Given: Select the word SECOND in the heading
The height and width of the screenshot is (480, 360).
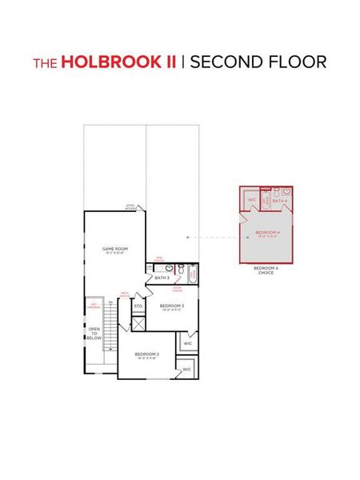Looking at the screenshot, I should (x=225, y=62).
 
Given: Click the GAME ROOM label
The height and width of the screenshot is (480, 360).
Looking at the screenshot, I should (x=115, y=250).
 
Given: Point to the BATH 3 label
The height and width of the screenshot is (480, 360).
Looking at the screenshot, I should (x=162, y=278).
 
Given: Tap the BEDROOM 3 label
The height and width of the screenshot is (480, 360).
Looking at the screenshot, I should (x=172, y=306).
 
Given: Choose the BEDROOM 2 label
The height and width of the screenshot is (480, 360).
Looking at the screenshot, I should (x=147, y=354).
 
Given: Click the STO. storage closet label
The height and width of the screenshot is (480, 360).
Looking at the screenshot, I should (x=138, y=306).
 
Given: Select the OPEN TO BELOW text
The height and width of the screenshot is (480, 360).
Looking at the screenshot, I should (x=94, y=334).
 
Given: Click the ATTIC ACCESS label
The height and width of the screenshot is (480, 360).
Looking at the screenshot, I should (x=130, y=207).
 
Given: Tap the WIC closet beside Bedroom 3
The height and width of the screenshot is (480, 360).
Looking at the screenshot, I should (x=188, y=344).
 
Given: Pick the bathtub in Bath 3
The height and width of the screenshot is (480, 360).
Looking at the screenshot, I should (x=193, y=274).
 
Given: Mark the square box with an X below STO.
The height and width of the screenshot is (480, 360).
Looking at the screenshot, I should (x=138, y=323).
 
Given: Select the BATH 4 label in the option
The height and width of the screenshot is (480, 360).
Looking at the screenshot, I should (x=280, y=201).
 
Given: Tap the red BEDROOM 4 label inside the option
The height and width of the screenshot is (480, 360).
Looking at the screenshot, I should (x=266, y=234).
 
